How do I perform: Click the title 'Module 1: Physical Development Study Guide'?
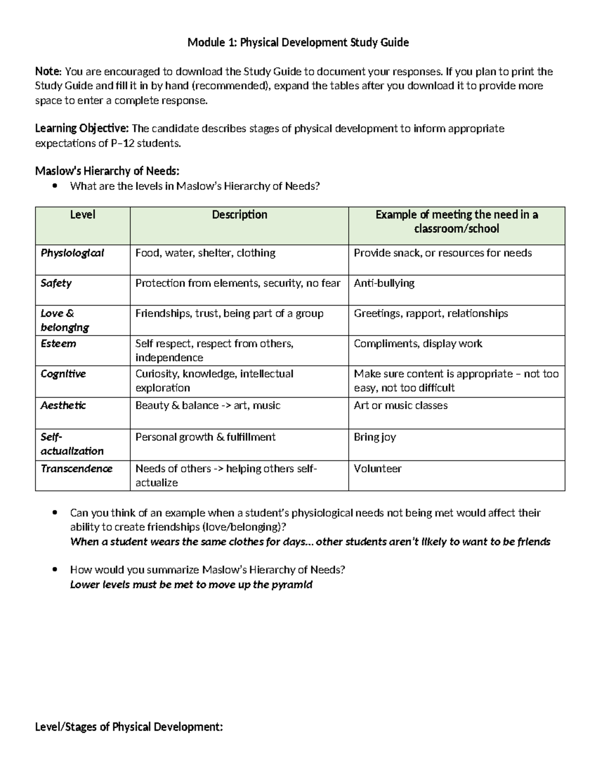coord(298,43)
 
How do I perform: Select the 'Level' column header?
coord(83,215)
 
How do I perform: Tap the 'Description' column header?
coord(239,215)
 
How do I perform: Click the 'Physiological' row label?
coord(72,253)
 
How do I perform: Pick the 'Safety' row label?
coord(56,283)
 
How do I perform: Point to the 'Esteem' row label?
coord(58,344)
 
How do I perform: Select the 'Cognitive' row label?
coord(63,374)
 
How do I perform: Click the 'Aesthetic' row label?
coord(63,406)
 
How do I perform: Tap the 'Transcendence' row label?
coord(77,469)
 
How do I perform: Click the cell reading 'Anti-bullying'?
coord(384,283)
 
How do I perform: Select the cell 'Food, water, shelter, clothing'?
coord(205,253)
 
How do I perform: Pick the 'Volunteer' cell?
coord(378,469)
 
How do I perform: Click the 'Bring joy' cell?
coord(375,437)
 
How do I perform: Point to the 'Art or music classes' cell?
coord(400,406)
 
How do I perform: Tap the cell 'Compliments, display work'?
coord(418,344)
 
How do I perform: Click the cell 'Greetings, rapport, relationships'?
coord(431,314)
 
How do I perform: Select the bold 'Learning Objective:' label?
coord(82,129)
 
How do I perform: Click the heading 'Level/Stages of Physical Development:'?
coord(129,727)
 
